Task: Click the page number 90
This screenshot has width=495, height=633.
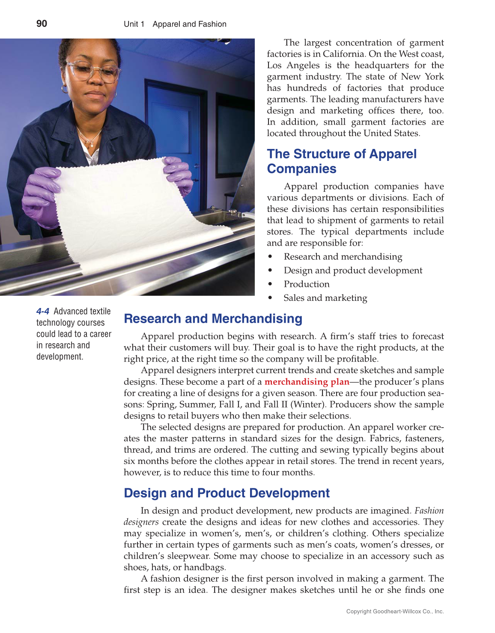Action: pos(42,24)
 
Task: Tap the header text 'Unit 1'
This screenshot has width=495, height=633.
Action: pos(134,24)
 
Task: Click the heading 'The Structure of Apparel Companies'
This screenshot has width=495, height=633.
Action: pos(341,161)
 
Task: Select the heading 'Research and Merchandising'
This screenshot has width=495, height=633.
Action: pos(213,318)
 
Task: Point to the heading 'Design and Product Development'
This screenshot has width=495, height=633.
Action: pos(227,493)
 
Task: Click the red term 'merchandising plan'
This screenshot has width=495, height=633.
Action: pos(307,382)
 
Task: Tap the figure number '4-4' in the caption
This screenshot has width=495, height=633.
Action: pos(43,311)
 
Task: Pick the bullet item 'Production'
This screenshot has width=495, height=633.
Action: pos(307,284)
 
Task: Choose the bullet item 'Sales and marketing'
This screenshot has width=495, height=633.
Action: pos(325,298)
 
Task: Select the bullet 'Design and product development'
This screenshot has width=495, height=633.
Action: pos(353,270)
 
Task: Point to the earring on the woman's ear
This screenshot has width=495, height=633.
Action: pos(65,89)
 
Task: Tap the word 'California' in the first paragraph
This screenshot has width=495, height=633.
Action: pos(344,54)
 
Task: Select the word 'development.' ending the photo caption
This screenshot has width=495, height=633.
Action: pos(60,357)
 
